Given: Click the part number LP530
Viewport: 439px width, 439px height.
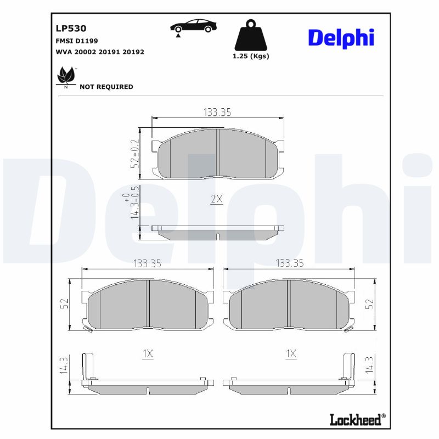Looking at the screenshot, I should [71, 28].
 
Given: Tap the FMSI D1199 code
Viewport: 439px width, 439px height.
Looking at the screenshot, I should [77, 41].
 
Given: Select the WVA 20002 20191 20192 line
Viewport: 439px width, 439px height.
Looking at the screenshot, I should [100, 52].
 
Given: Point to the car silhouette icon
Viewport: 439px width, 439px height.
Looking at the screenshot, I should [193, 26].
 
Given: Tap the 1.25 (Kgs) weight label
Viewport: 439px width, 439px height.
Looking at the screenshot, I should [251, 56].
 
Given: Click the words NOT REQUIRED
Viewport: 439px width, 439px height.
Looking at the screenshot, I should [106, 87].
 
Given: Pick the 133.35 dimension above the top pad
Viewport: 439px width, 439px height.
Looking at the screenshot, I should [217, 112].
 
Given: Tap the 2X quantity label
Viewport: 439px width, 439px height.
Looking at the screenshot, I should [217, 199].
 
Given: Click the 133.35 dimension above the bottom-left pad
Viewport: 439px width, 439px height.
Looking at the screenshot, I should [147, 263].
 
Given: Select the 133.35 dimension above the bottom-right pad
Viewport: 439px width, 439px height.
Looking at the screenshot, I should [290, 263].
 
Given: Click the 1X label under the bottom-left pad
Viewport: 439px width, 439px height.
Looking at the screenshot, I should [147, 354].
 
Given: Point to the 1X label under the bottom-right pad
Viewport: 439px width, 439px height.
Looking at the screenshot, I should [291, 354].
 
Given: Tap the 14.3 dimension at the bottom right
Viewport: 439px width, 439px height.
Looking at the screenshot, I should [369, 365].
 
